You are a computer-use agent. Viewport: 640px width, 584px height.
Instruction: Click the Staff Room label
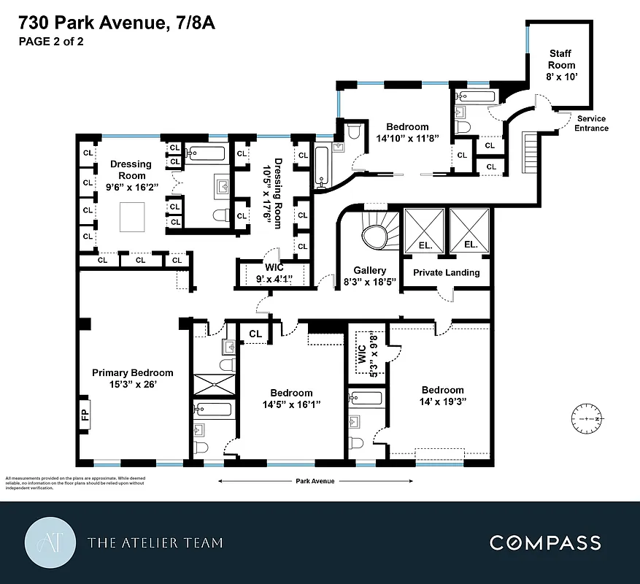coord(562,65)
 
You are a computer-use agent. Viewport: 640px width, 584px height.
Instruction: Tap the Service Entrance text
coord(591,123)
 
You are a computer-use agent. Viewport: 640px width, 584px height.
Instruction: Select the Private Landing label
coord(447,272)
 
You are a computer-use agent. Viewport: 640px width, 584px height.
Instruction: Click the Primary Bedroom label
coord(133,378)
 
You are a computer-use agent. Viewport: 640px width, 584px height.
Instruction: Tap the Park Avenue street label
coord(316,481)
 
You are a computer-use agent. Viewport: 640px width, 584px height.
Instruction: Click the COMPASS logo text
coord(545,542)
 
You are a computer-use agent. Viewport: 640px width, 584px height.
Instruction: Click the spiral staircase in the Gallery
coord(378,235)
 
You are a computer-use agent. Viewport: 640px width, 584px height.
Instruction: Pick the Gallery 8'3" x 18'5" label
coord(369,276)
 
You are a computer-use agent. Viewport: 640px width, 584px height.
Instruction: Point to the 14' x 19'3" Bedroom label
coord(442,396)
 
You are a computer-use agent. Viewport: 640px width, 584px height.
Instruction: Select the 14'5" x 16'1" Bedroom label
coord(291,399)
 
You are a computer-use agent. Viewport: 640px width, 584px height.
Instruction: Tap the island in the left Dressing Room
coord(133,217)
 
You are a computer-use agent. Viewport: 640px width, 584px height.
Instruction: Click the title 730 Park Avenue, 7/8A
coord(117,25)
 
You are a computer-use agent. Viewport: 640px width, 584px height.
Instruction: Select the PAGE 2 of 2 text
coord(51,42)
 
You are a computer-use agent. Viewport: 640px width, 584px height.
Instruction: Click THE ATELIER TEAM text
coord(155,542)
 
